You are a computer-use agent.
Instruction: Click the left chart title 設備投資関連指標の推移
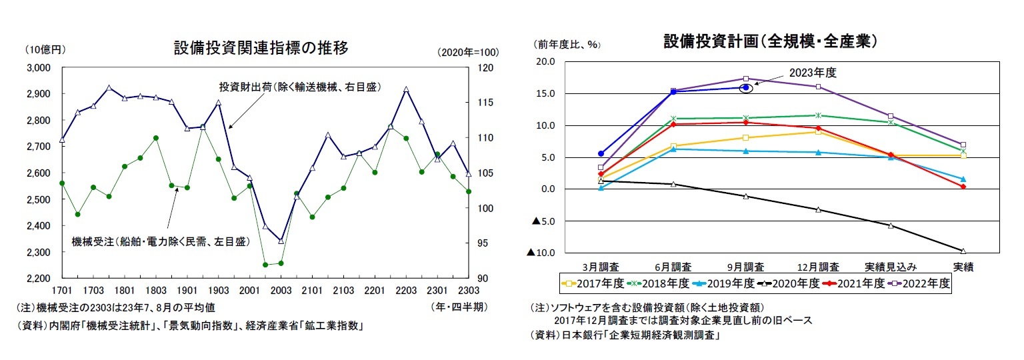coord(261,48)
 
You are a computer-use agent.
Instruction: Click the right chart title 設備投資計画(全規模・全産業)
coord(769,41)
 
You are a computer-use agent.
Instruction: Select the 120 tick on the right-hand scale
coord(486,67)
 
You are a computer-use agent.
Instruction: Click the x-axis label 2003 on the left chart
coord(280,291)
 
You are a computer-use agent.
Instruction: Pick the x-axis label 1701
coord(62,291)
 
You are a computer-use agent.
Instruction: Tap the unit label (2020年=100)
coord(469,53)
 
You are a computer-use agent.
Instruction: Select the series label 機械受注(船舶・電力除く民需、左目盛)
coord(160,241)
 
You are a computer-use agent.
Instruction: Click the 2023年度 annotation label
coord(813,73)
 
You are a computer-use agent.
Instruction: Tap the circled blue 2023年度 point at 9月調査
coord(746,87)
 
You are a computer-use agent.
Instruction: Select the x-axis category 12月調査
coord(817,267)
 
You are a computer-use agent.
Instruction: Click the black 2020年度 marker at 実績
coord(963,251)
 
